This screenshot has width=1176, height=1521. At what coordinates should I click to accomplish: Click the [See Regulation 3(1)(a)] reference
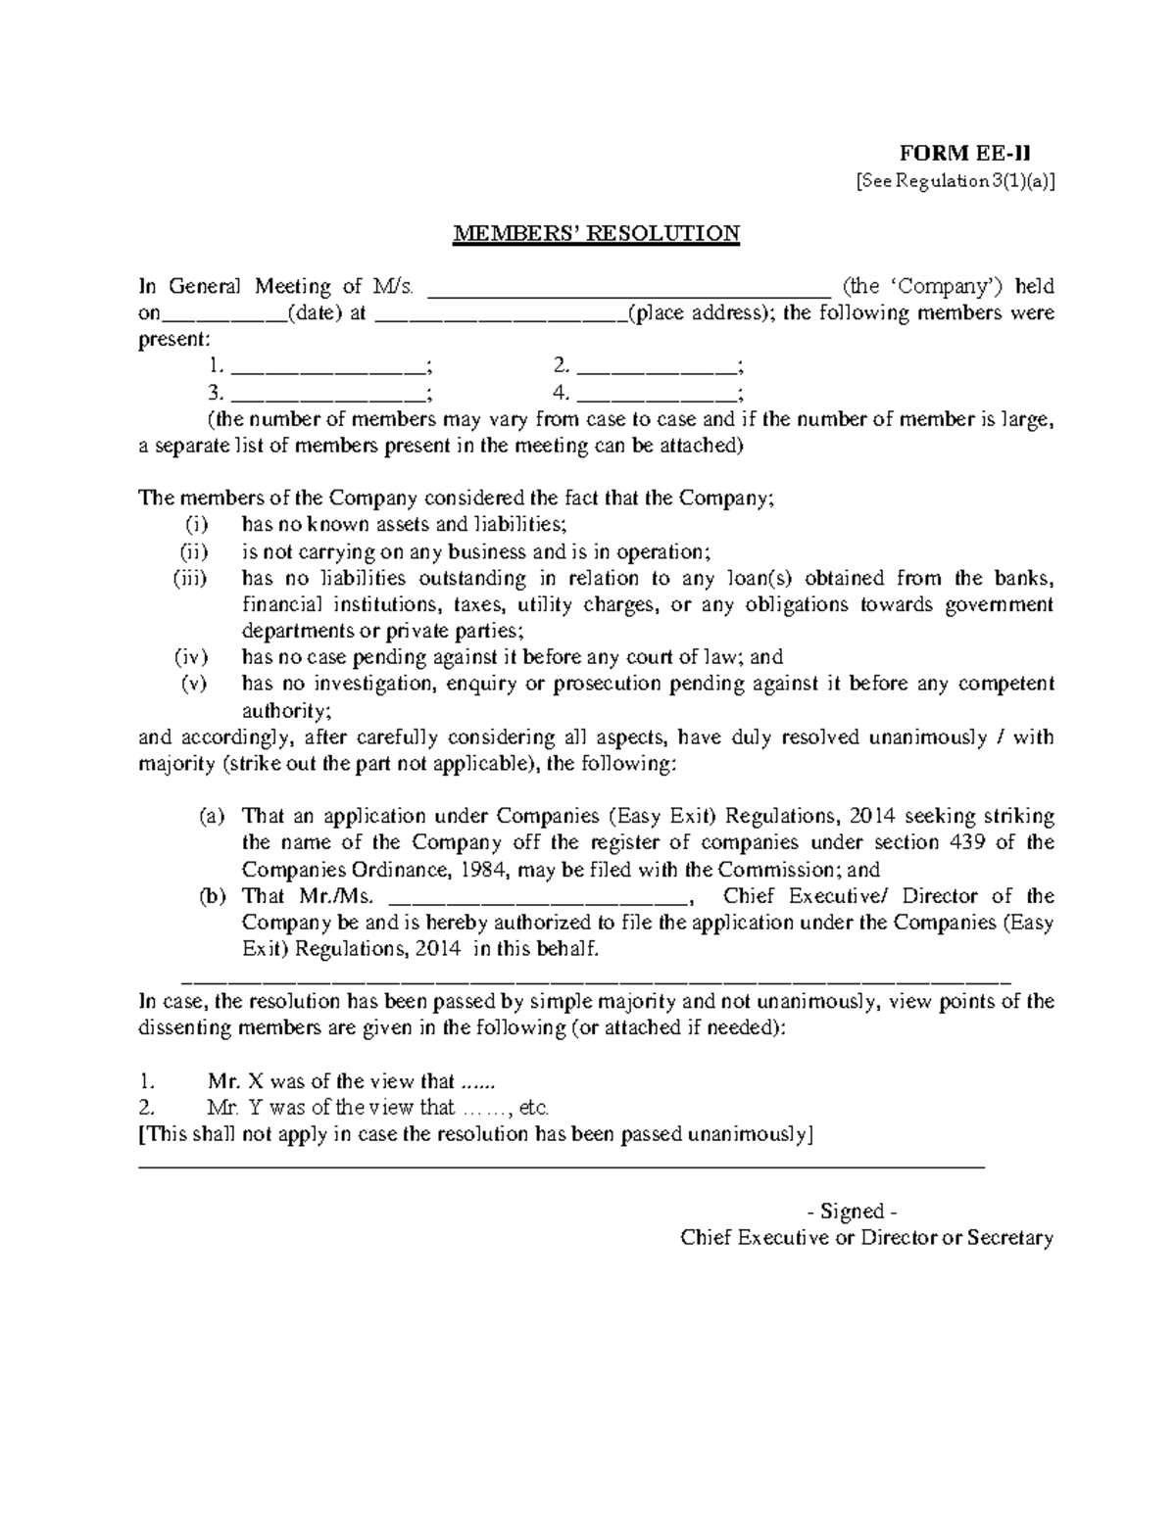(x=955, y=180)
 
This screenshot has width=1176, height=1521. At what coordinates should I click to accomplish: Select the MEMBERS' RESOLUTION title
(x=595, y=233)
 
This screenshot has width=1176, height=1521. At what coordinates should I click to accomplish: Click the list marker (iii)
(x=190, y=579)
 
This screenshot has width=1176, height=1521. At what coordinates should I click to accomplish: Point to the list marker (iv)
(x=191, y=658)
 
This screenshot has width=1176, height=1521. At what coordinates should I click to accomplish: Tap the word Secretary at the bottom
(x=1009, y=1238)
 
